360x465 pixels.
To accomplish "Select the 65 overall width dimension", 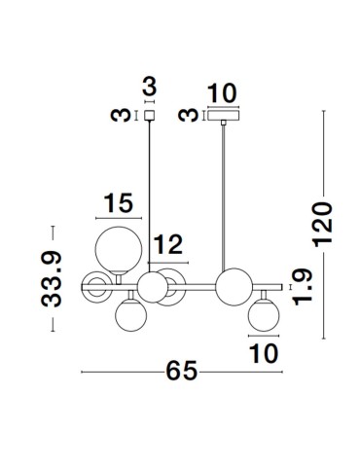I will pos(182,372).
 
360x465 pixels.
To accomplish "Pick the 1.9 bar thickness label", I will pos(303,288).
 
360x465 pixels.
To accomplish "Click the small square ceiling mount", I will pos(150,115).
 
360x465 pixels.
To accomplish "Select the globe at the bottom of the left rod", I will pos(152,287).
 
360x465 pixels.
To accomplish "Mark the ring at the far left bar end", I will pos(94,287).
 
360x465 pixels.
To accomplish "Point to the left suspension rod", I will pos(150,195).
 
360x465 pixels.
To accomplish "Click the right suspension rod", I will pos(226,195).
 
